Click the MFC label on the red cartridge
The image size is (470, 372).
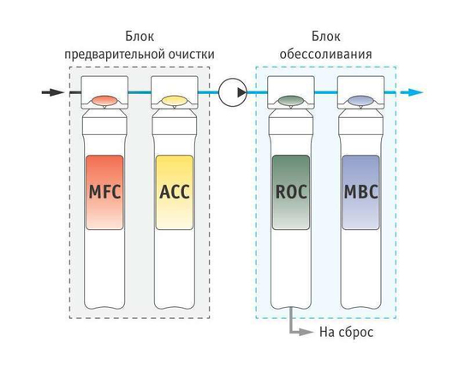point(104,192)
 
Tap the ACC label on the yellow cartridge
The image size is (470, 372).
point(175,192)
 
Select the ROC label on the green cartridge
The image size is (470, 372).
point(291,192)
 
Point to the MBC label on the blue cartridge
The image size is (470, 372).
point(361,192)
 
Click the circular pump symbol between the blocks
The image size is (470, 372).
point(233,92)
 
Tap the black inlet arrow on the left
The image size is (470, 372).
point(53,92)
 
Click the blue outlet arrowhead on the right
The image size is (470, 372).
point(416,92)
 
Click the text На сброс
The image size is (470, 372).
point(346,332)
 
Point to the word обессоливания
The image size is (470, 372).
point(326,55)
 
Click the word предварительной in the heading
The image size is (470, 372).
point(114,55)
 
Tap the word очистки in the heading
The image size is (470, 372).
point(191,55)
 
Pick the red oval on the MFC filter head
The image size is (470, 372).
point(104,101)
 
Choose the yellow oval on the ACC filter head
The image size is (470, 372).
point(174,101)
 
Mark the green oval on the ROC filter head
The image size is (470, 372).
point(291,101)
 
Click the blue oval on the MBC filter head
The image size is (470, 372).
point(360,101)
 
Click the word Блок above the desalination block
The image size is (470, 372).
point(326,37)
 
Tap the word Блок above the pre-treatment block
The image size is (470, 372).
point(140,37)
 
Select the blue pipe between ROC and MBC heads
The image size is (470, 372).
point(326,92)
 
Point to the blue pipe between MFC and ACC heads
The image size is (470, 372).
point(140,92)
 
